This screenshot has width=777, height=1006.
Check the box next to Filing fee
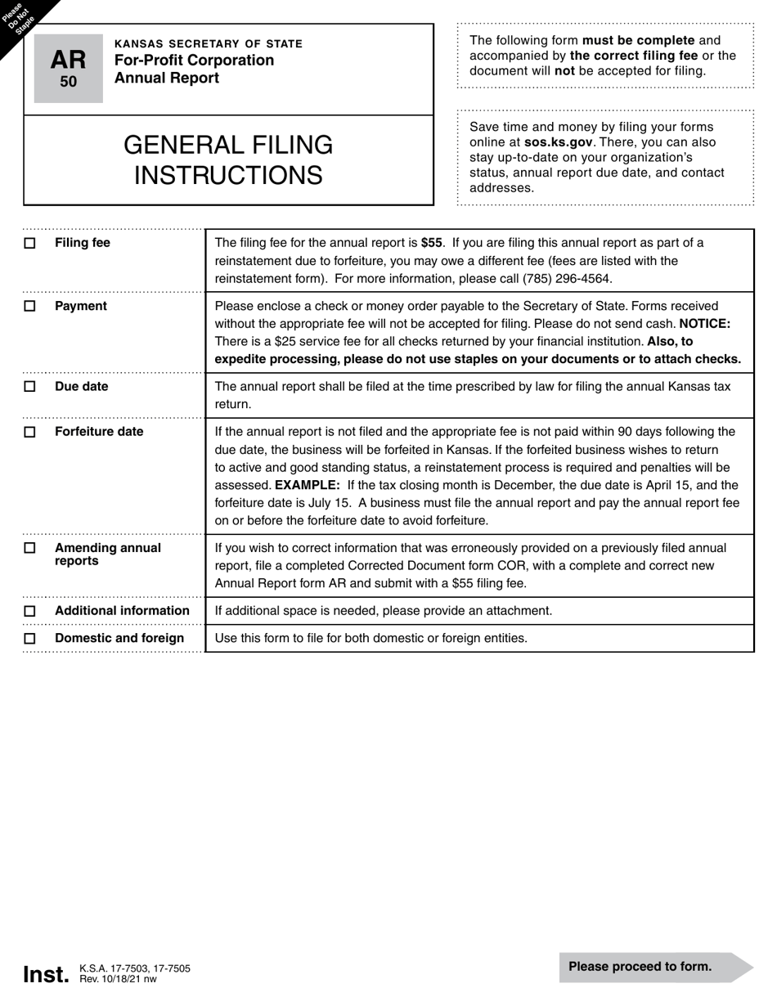pyautogui.click(x=30, y=244)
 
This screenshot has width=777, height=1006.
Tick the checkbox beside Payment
pyautogui.click(x=30, y=307)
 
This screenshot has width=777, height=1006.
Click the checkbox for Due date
pyautogui.click(x=30, y=387)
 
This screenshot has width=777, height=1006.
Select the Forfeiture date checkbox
pyautogui.click(x=30, y=432)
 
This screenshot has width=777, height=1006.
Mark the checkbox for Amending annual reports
pyautogui.click(x=30, y=548)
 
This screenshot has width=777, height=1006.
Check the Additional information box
pyautogui.click(x=30, y=611)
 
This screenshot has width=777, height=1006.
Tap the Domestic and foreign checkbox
pyautogui.click(x=30, y=639)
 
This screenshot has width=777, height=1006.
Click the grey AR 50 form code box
pyautogui.click(x=69, y=68)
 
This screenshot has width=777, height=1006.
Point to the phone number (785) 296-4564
pyautogui.click(x=567, y=279)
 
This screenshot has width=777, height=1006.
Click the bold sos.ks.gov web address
pyautogui.click(x=558, y=142)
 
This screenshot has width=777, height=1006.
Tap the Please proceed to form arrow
pyautogui.click(x=654, y=967)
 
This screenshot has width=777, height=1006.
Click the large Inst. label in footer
pyautogui.click(x=46, y=975)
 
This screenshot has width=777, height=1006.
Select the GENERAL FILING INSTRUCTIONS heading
pyautogui.click(x=228, y=160)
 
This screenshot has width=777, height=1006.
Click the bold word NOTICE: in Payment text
pyautogui.click(x=704, y=324)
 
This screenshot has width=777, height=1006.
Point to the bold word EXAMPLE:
pyautogui.click(x=308, y=485)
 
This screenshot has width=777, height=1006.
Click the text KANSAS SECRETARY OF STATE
pyautogui.click(x=208, y=44)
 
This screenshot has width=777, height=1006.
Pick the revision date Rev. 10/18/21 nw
pyautogui.click(x=118, y=979)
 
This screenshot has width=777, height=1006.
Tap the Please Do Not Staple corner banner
pyautogui.click(x=20, y=18)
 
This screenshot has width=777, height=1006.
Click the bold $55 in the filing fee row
pyautogui.click(x=432, y=243)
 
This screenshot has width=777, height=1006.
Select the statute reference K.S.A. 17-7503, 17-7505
pyautogui.click(x=135, y=968)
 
